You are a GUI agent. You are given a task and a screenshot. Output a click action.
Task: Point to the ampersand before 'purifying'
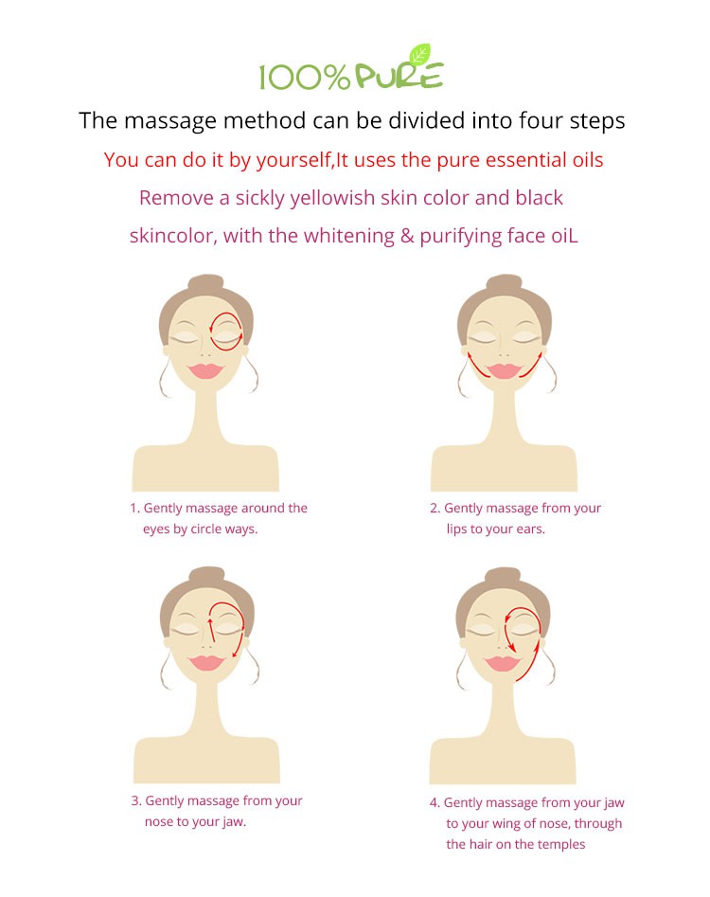(x=407, y=236)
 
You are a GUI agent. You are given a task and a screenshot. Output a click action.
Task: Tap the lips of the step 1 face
(x=205, y=370)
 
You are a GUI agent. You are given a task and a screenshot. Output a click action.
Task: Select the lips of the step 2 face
(x=504, y=370)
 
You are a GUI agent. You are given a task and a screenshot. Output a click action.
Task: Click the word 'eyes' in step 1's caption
(x=156, y=529)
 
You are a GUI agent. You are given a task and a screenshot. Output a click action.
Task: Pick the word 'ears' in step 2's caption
(x=530, y=529)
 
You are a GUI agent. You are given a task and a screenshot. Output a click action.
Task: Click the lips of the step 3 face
(x=207, y=662)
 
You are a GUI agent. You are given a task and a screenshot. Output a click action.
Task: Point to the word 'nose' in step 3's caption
(x=159, y=822)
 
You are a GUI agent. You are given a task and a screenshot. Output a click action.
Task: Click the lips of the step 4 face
(x=503, y=664)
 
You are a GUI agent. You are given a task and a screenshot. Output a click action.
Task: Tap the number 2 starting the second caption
(x=434, y=508)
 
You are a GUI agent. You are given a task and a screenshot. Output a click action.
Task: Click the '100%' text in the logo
(x=304, y=78)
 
